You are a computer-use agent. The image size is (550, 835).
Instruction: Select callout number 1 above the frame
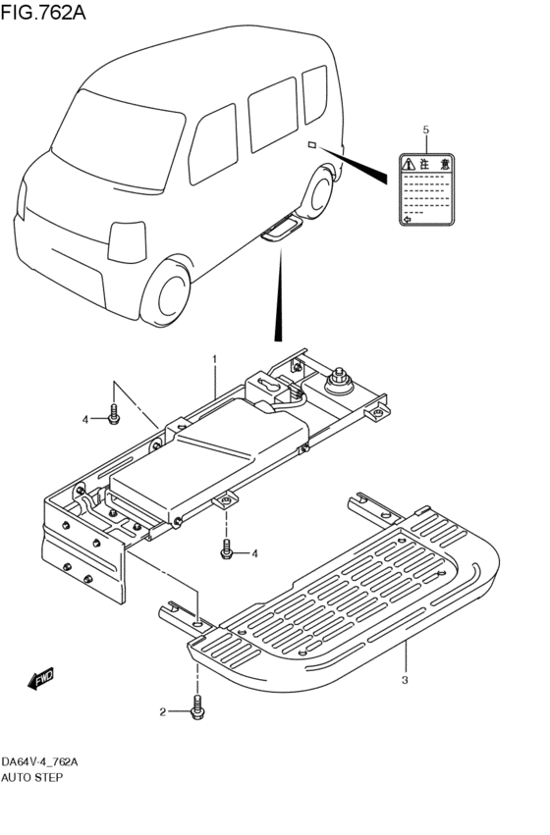click(215, 360)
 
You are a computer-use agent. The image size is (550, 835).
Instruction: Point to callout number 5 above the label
click(425, 130)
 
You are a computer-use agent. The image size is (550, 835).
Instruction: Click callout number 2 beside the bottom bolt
click(164, 712)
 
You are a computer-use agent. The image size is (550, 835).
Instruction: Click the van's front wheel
click(170, 293)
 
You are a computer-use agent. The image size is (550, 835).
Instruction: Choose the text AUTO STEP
click(31, 777)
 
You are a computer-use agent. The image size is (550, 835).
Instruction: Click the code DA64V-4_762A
click(39, 762)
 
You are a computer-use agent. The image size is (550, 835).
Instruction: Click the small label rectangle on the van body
click(311, 145)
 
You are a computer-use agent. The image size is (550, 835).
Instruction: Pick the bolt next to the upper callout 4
click(114, 415)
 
